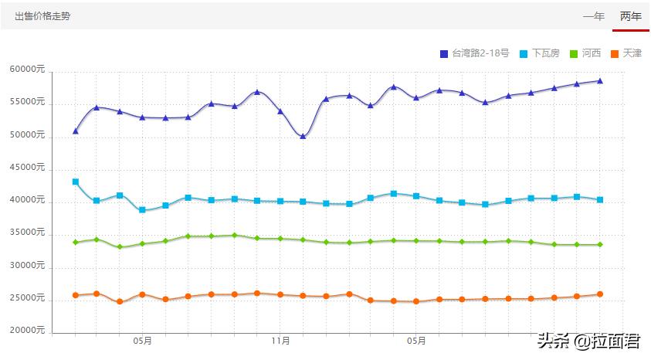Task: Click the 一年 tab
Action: tap(593, 16)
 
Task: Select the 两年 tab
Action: tap(630, 16)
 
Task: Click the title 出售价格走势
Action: tap(42, 16)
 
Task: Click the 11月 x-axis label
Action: tap(281, 340)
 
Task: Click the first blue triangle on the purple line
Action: tap(75, 131)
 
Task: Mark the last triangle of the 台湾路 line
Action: tap(600, 80)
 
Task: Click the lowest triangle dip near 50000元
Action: tap(303, 137)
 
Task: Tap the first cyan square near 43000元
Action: tap(75, 182)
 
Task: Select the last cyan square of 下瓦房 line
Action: tap(600, 200)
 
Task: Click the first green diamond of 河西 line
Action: tap(75, 243)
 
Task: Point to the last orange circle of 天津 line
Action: tap(600, 294)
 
